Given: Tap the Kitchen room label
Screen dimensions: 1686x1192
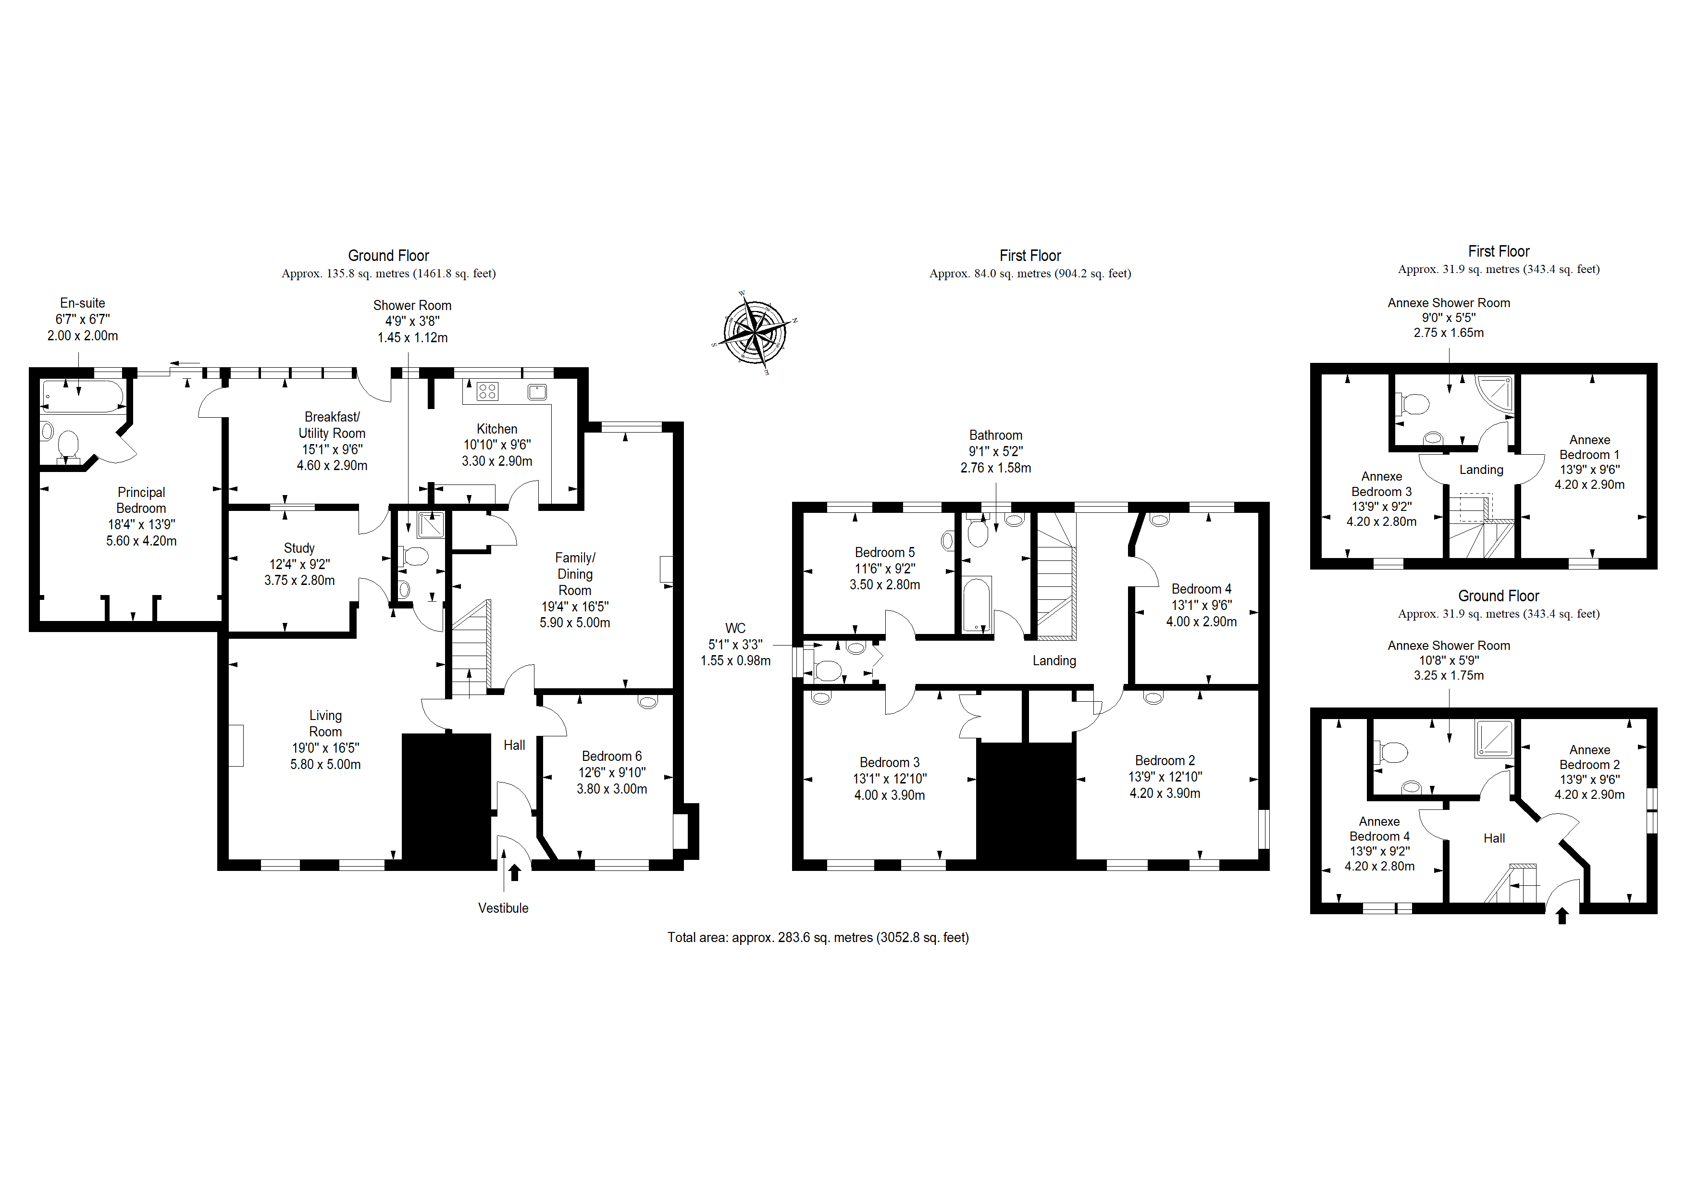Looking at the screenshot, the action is (497, 429).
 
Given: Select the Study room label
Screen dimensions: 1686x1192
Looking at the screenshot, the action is (299, 548).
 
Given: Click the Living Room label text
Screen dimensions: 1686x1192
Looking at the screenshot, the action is (325, 723).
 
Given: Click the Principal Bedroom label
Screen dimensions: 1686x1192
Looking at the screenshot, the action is (141, 500).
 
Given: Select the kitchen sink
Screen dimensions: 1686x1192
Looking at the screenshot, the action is (537, 391).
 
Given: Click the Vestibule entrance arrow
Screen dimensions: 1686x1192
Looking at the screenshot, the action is (515, 872).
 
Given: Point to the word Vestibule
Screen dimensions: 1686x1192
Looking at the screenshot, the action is (503, 908).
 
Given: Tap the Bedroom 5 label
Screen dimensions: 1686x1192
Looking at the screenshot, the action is (885, 552).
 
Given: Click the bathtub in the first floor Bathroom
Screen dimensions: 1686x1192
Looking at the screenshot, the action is (977, 605).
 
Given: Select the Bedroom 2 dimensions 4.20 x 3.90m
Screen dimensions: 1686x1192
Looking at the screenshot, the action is (1165, 793).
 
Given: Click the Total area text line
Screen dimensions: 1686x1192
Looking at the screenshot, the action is (818, 938).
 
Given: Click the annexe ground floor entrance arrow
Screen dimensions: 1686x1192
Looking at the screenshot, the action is (1562, 916).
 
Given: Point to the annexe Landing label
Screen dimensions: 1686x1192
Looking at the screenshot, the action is (1481, 470).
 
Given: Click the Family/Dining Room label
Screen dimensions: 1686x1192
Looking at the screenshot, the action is (575, 573).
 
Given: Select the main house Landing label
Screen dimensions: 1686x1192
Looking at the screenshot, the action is (1054, 661).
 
